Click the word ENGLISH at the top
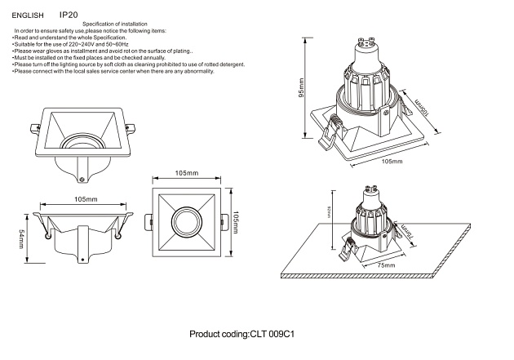coord(28,16)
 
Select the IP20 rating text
coord(69,15)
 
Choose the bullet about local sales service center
coord(113,72)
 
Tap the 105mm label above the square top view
coord(187,174)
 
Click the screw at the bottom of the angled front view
coord(82,179)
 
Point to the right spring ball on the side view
coord(119,238)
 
